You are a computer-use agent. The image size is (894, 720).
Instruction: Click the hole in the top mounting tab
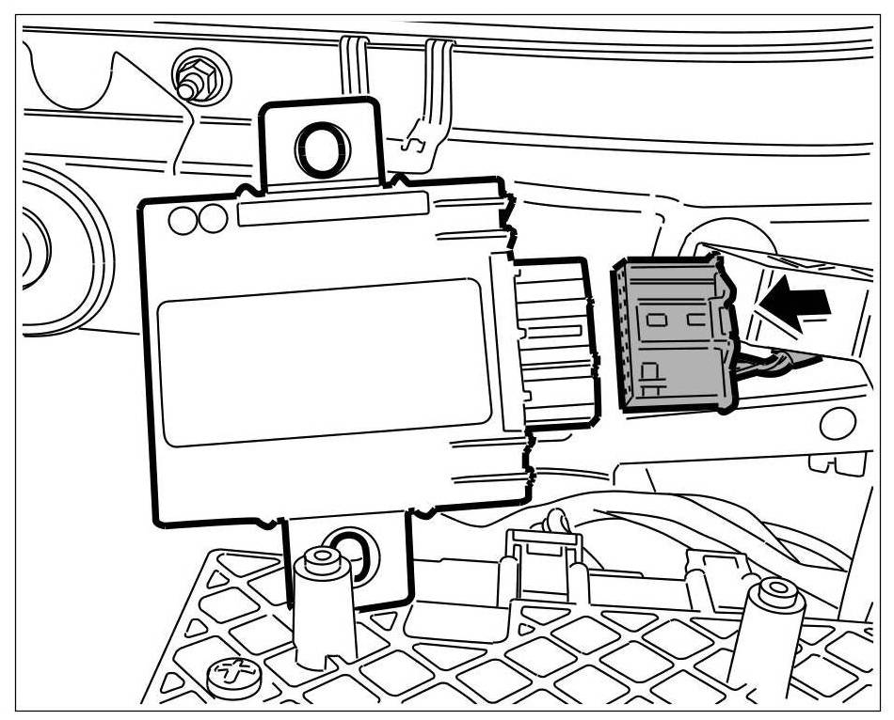click(x=320, y=147)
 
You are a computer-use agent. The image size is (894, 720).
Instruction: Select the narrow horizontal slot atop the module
click(x=334, y=210)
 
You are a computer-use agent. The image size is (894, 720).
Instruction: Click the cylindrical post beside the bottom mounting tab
click(x=322, y=602)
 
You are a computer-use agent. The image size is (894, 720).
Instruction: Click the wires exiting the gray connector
click(x=772, y=362)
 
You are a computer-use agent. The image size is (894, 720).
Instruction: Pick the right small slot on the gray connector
click(x=697, y=320)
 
